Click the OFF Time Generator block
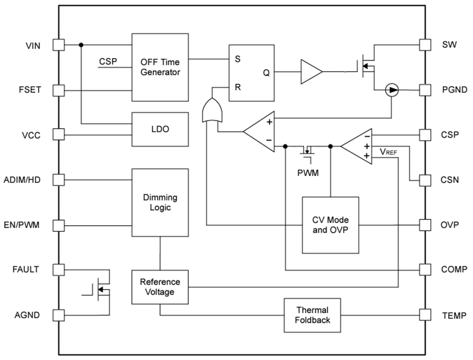[x=160, y=67]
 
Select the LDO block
[x=160, y=129]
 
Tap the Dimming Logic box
[x=160, y=202]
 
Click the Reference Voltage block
[x=160, y=287]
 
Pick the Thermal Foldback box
[x=312, y=315]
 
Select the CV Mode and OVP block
[x=330, y=225]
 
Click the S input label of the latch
[x=237, y=59]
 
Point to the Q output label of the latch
[x=266, y=73]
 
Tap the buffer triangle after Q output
[x=310, y=72]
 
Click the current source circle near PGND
[x=392, y=90]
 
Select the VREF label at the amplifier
[x=388, y=152]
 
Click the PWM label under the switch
[x=308, y=174]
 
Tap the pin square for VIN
[x=58, y=45]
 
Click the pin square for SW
[x=425, y=45]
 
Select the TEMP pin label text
[x=454, y=315]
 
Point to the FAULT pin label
[x=26, y=269]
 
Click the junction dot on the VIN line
[x=81, y=45]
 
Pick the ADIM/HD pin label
[x=22, y=180]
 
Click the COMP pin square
[x=425, y=269]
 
